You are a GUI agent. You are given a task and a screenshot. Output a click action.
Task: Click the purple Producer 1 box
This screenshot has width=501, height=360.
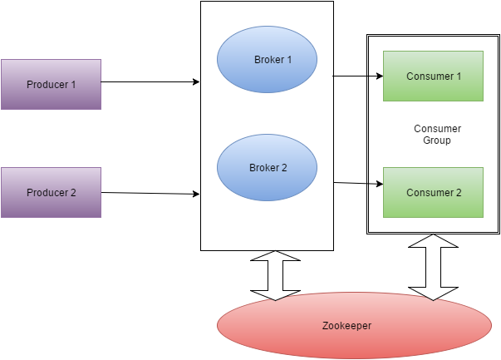tap(51, 84)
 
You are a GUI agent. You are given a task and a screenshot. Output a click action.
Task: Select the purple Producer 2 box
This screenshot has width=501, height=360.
tap(51, 192)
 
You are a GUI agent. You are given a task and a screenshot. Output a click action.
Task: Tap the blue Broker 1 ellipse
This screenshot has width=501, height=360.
tap(267, 60)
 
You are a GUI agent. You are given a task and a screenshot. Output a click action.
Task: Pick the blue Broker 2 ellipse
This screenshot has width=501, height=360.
tap(267, 168)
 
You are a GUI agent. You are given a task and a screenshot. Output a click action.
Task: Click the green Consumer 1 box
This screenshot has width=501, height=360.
tap(433, 76)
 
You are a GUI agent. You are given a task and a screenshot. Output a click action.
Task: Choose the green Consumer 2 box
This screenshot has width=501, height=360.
tap(433, 193)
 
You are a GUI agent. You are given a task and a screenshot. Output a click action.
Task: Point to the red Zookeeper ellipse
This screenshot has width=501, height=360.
tap(355, 325)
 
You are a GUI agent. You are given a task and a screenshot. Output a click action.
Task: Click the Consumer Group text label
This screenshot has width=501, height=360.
tap(437, 135)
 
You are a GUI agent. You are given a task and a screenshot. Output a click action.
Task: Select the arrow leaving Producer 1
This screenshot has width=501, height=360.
tap(150, 82)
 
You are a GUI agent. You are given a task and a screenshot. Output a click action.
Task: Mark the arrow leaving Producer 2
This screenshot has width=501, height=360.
tap(150, 193)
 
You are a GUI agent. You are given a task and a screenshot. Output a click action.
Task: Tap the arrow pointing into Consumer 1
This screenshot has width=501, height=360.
tap(357, 76)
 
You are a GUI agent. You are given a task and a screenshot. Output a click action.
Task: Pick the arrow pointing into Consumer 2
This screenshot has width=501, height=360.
tap(357, 183)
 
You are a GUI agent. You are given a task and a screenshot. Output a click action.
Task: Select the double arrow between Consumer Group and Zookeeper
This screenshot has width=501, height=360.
tap(433, 267)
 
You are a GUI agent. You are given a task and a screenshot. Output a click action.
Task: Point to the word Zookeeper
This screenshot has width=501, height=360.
tap(346, 326)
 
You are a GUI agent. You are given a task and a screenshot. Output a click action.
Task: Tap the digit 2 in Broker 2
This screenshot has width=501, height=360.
tap(284, 168)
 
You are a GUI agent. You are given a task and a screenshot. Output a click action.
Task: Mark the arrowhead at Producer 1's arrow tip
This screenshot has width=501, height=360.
tap(196, 82)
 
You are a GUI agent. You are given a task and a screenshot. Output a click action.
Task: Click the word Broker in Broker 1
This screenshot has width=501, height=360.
tap(268, 60)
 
